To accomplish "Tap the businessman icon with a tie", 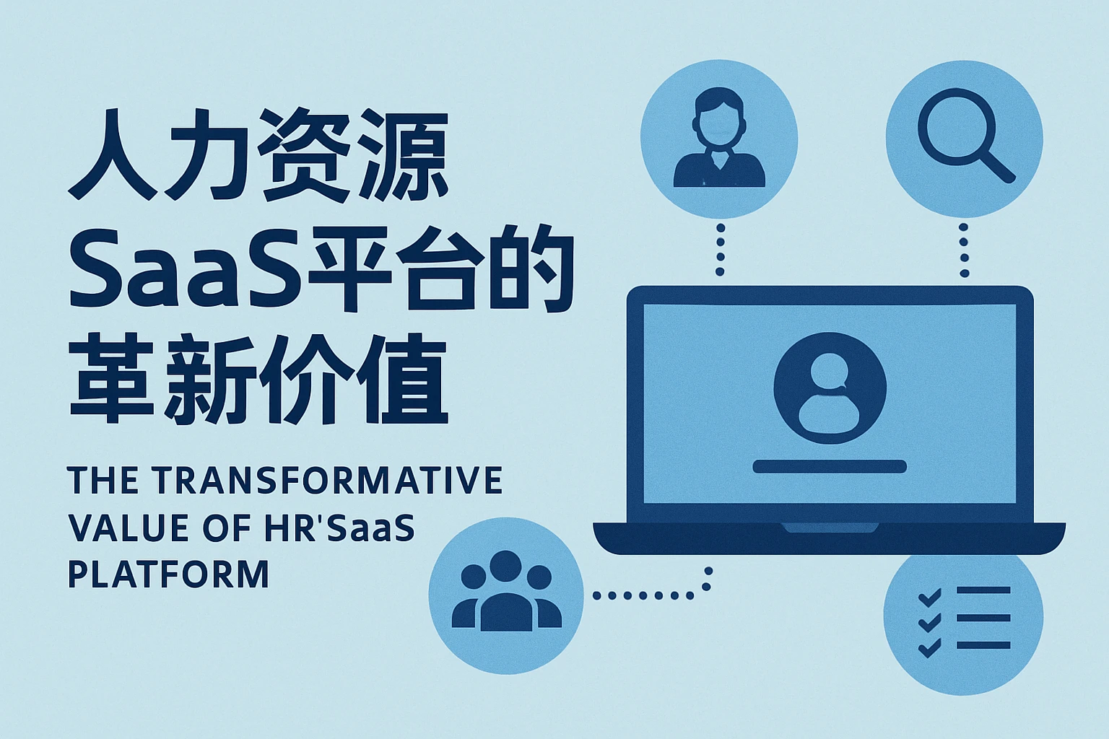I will point(718,139).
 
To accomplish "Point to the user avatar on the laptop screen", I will point(829,388).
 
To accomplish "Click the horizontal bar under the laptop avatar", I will point(829,466).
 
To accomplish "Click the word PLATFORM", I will point(168,574).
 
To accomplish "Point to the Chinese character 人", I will point(112,155).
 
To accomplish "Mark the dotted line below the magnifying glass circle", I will point(964,250).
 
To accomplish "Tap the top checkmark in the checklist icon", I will point(929,596).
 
